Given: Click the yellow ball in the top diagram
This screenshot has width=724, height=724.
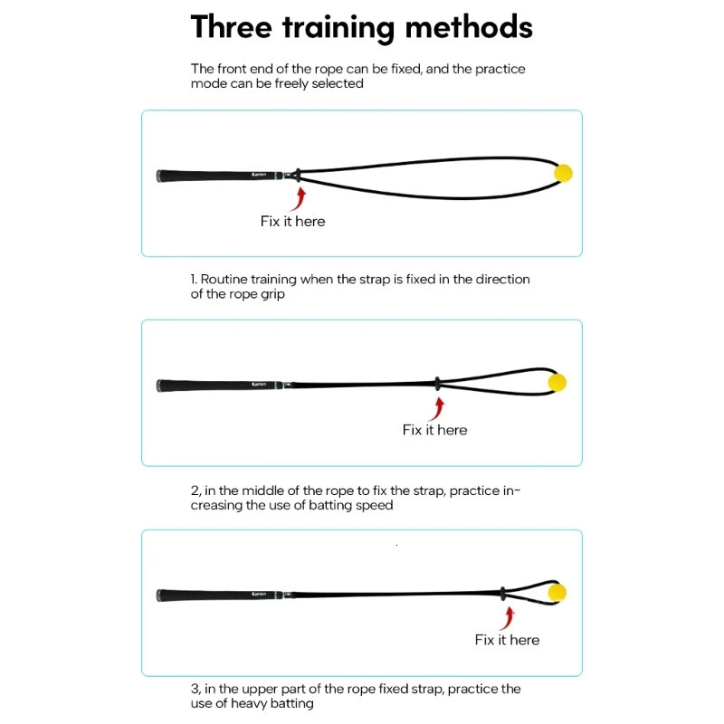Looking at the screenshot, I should point(563,173).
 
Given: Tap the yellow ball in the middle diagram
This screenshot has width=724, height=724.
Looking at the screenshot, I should point(557,383).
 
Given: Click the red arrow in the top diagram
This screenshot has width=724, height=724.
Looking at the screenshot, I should point(298,197).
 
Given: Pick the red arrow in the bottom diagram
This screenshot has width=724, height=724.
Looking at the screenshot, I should point(509,617).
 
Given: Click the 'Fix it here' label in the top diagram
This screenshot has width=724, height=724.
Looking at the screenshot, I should point(292,221).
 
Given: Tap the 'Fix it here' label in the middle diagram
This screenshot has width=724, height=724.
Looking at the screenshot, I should point(434,430).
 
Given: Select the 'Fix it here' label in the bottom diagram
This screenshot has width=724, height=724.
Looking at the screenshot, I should point(507,640).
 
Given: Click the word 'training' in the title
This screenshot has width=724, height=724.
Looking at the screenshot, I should point(339,27).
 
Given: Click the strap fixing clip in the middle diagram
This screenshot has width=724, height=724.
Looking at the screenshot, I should point(436,384).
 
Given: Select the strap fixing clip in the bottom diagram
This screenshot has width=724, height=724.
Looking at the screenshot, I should point(503,594).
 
